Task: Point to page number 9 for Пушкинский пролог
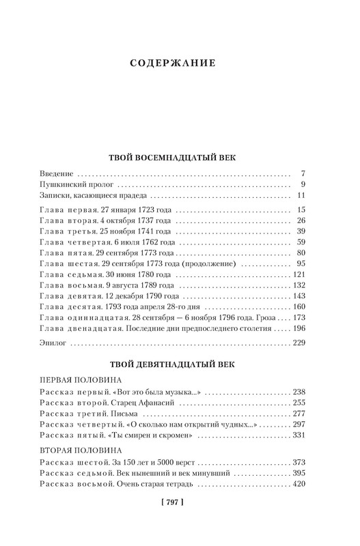302,186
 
